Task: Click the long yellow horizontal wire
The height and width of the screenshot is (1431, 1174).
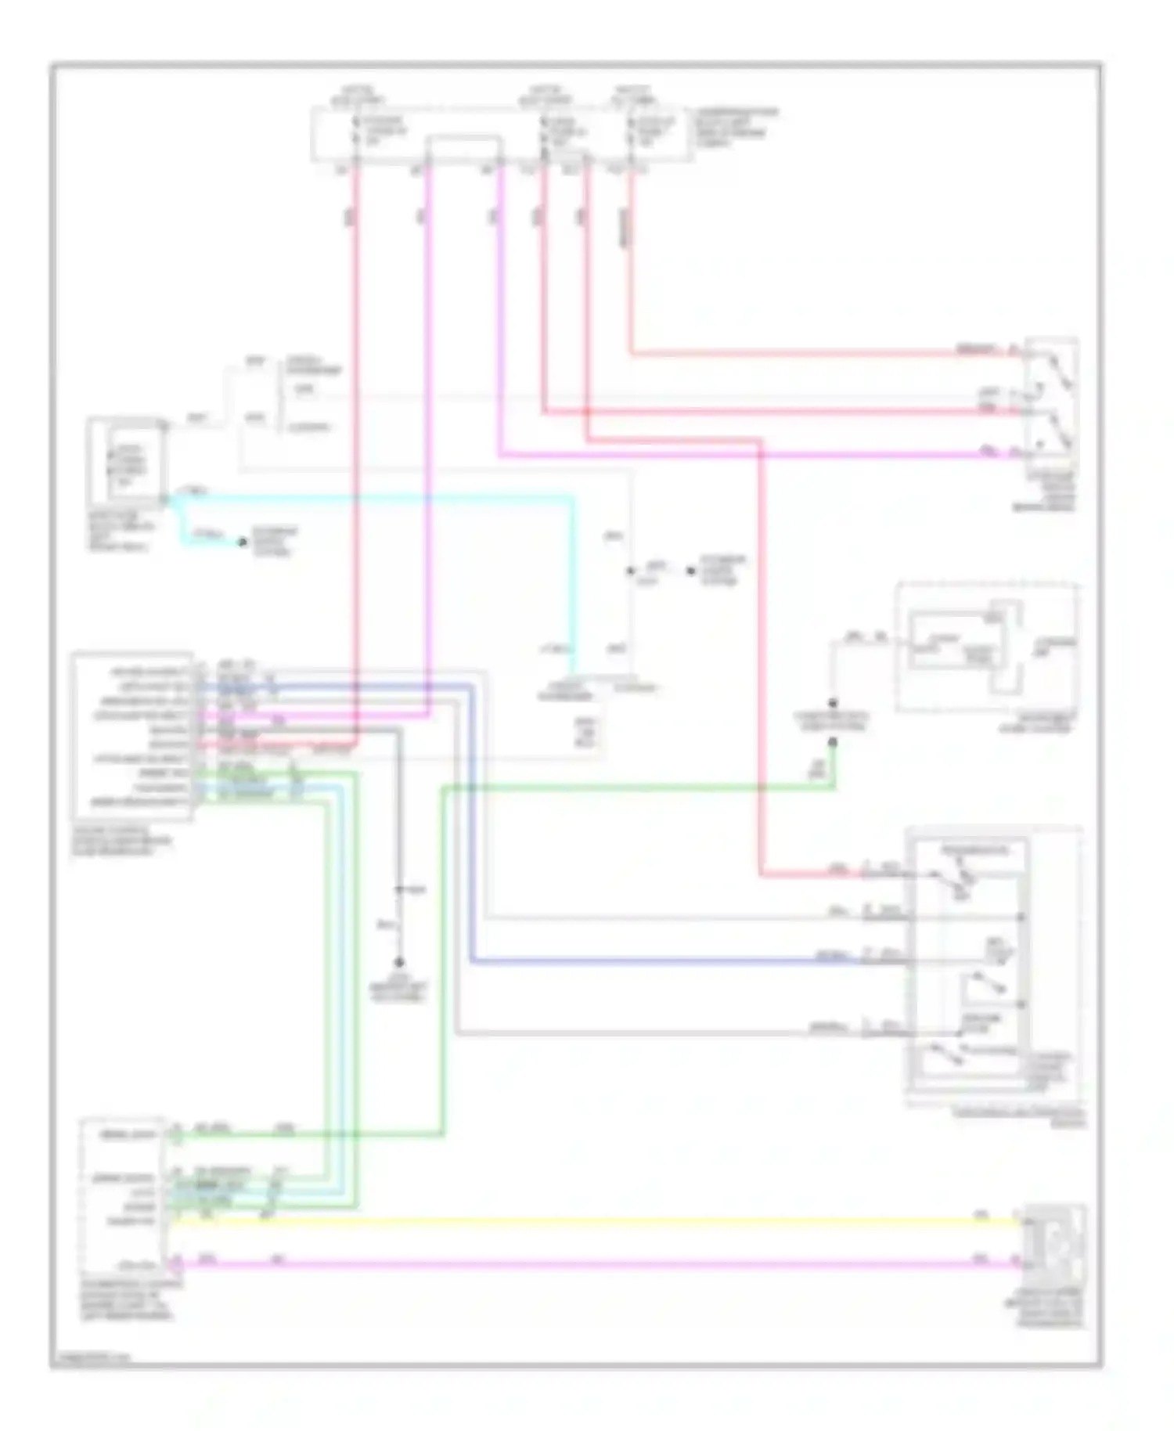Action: point(595,1220)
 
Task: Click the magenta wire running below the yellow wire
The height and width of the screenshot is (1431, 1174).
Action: point(595,1263)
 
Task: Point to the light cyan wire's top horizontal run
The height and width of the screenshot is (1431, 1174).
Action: point(376,496)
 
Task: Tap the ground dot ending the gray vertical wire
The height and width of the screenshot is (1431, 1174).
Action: point(399,962)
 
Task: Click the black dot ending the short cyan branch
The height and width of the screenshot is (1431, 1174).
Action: point(243,542)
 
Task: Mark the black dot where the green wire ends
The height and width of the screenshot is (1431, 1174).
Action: point(833,741)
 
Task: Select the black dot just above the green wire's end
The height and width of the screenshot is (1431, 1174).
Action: point(833,703)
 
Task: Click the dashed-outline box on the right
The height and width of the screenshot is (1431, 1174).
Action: point(988,647)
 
